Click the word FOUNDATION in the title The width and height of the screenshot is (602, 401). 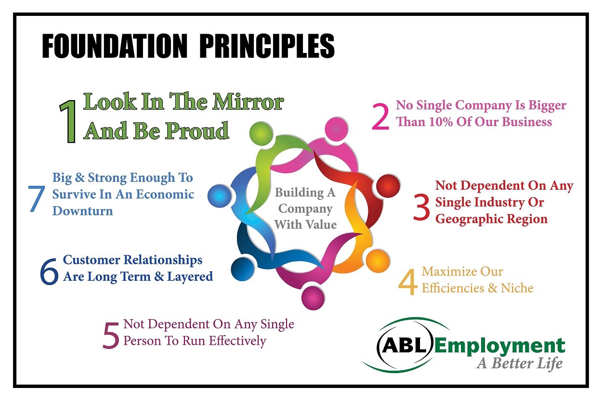(115, 47)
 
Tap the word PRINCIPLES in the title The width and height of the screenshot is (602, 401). (267, 47)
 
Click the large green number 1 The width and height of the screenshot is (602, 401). (68, 122)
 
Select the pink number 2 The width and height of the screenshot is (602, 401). (380, 118)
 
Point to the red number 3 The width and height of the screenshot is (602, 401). (421, 207)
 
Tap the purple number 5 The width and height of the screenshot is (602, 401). (111, 335)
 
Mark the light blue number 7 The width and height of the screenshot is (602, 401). (37, 198)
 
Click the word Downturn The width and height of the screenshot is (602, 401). (82, 211)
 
